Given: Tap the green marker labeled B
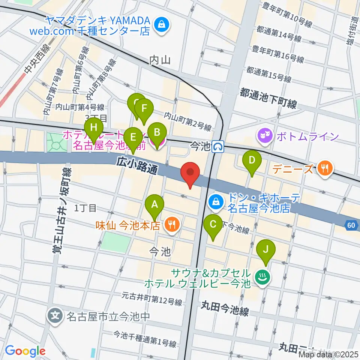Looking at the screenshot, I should pos(157,132).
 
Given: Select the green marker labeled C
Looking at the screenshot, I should pos(213,225).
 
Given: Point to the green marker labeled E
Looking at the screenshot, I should pos(132,138).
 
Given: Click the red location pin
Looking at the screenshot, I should pos(190,172).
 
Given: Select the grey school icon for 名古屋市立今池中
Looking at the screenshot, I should pos(55,314).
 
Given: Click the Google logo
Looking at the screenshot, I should pos(25,351).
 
